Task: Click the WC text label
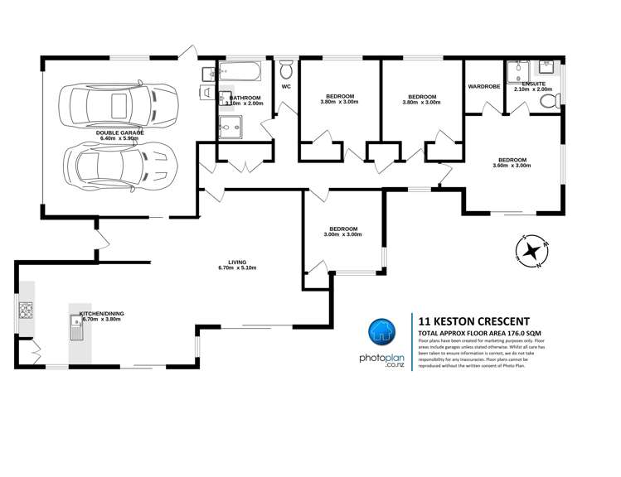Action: [x=286, y=86]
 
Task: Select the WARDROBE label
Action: [x=484, y=85]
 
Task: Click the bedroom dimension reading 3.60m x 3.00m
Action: [x=512, y=166]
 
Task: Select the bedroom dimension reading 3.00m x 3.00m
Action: [x=342, y=234]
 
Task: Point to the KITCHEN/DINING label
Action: [x=100, y=314]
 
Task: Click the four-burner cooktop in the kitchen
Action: [x=25, y=311]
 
